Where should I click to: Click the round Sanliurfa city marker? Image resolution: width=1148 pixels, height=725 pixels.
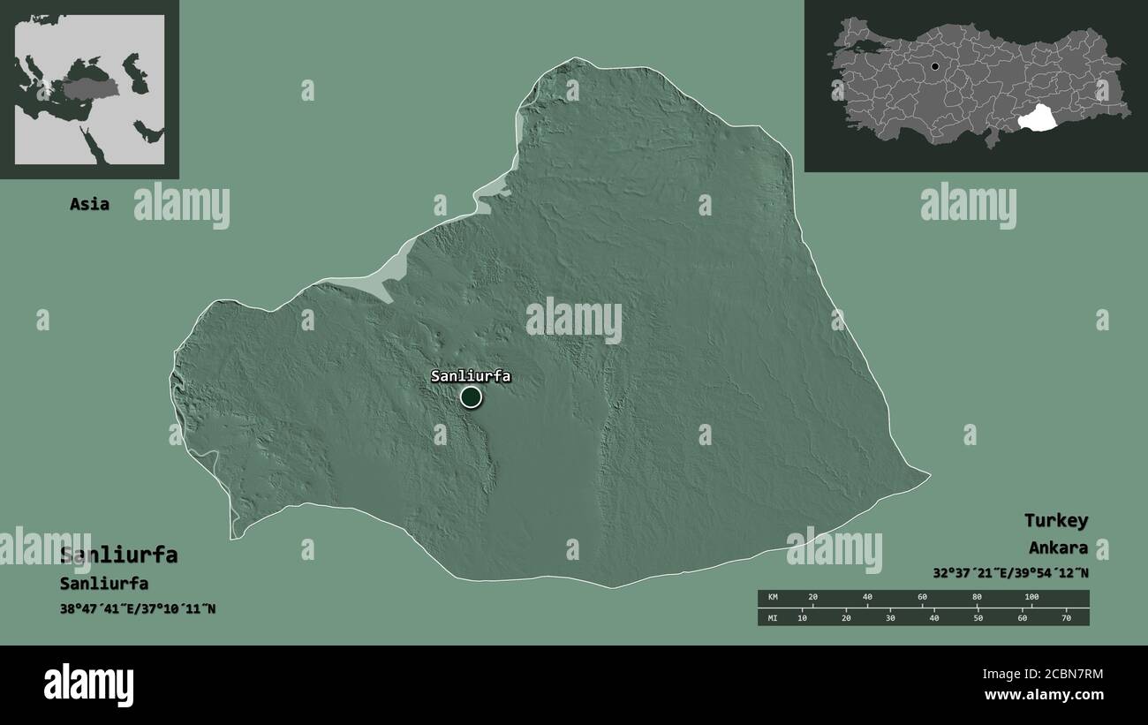[472, 397]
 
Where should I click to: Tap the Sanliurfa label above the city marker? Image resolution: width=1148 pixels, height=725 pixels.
[471, 376]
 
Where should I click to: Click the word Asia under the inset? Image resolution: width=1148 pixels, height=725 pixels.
[90, 204]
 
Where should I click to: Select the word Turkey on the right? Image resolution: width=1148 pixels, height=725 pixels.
[1055, 520]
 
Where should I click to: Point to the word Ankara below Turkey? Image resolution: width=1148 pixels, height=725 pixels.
[1058, 548]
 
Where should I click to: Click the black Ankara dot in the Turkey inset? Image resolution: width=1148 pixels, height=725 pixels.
[935, 66]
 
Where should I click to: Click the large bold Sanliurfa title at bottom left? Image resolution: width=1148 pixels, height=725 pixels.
[118, 555]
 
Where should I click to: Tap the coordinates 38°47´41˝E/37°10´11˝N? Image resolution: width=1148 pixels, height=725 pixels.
[137, 608]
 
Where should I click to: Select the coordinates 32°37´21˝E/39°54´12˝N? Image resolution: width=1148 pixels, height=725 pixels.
[1010, 572]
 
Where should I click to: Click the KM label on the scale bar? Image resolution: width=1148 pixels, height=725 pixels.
[774, 598]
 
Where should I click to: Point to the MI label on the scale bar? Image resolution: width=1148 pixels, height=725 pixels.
[774, 617]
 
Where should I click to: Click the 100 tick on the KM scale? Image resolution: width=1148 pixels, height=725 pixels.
[1031, 598]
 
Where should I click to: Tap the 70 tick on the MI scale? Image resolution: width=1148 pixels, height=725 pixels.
[1066, 617]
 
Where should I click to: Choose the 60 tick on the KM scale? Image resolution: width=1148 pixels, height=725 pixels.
[922, 598]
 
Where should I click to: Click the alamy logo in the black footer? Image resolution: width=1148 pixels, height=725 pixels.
[88, 684]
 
